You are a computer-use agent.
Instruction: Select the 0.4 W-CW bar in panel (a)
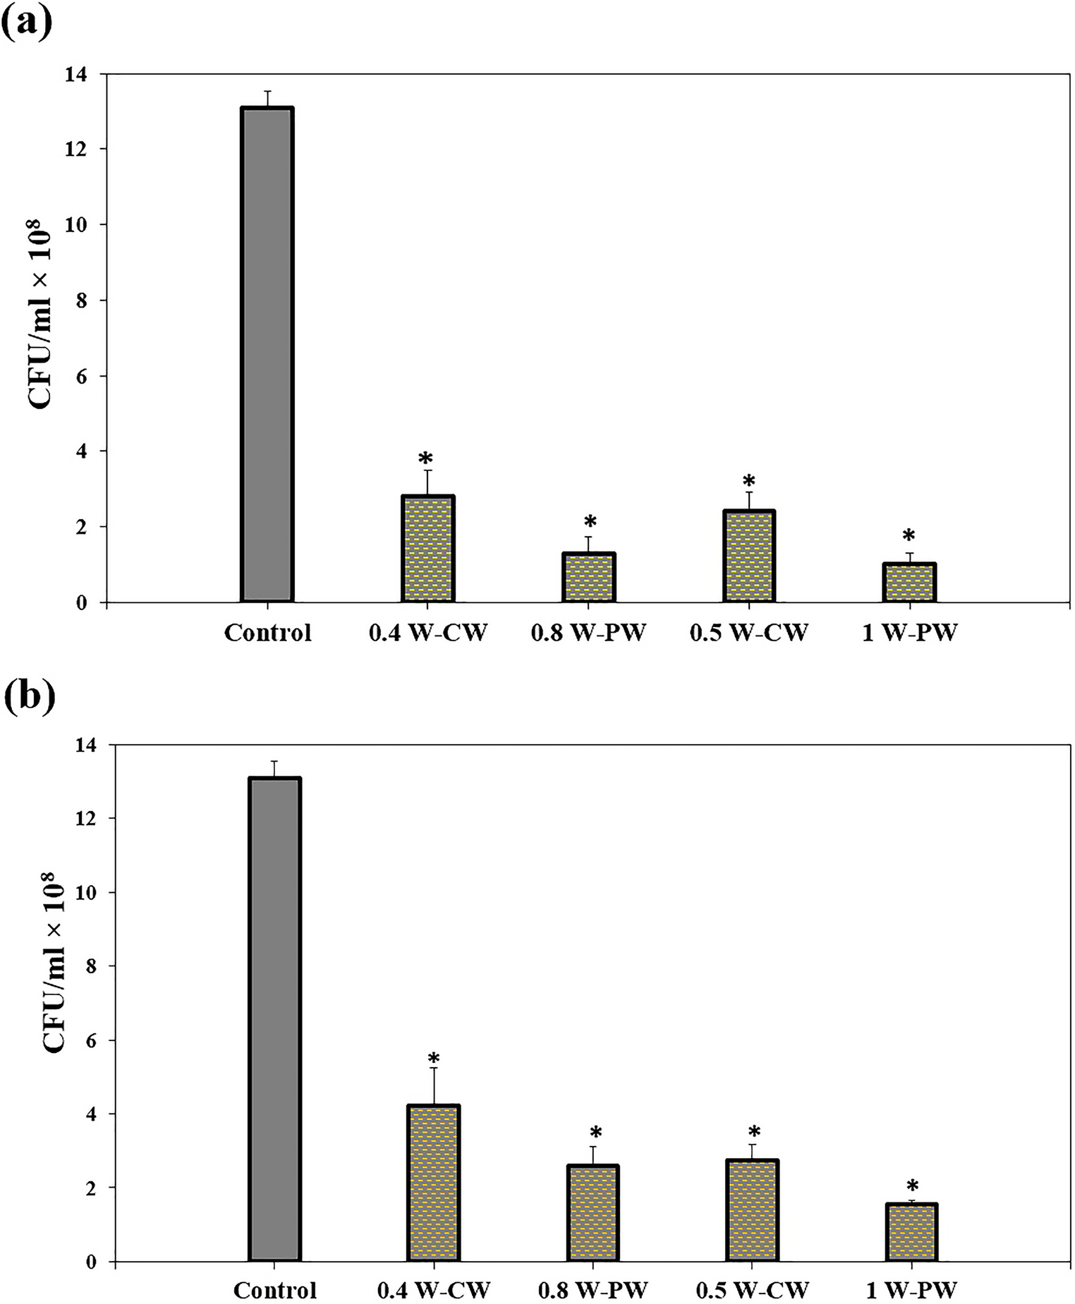(x=427, y=549)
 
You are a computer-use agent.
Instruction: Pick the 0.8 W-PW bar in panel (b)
(x=593, y=1213)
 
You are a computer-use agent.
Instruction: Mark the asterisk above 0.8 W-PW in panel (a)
(x=590, y=523)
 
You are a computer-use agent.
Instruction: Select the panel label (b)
(x=29, y=698)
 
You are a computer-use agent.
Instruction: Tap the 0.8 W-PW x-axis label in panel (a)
(x=588, y=633)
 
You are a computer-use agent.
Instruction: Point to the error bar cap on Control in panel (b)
(x=274, y=761)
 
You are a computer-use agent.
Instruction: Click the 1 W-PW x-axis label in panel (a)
(x=909, y=633)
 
